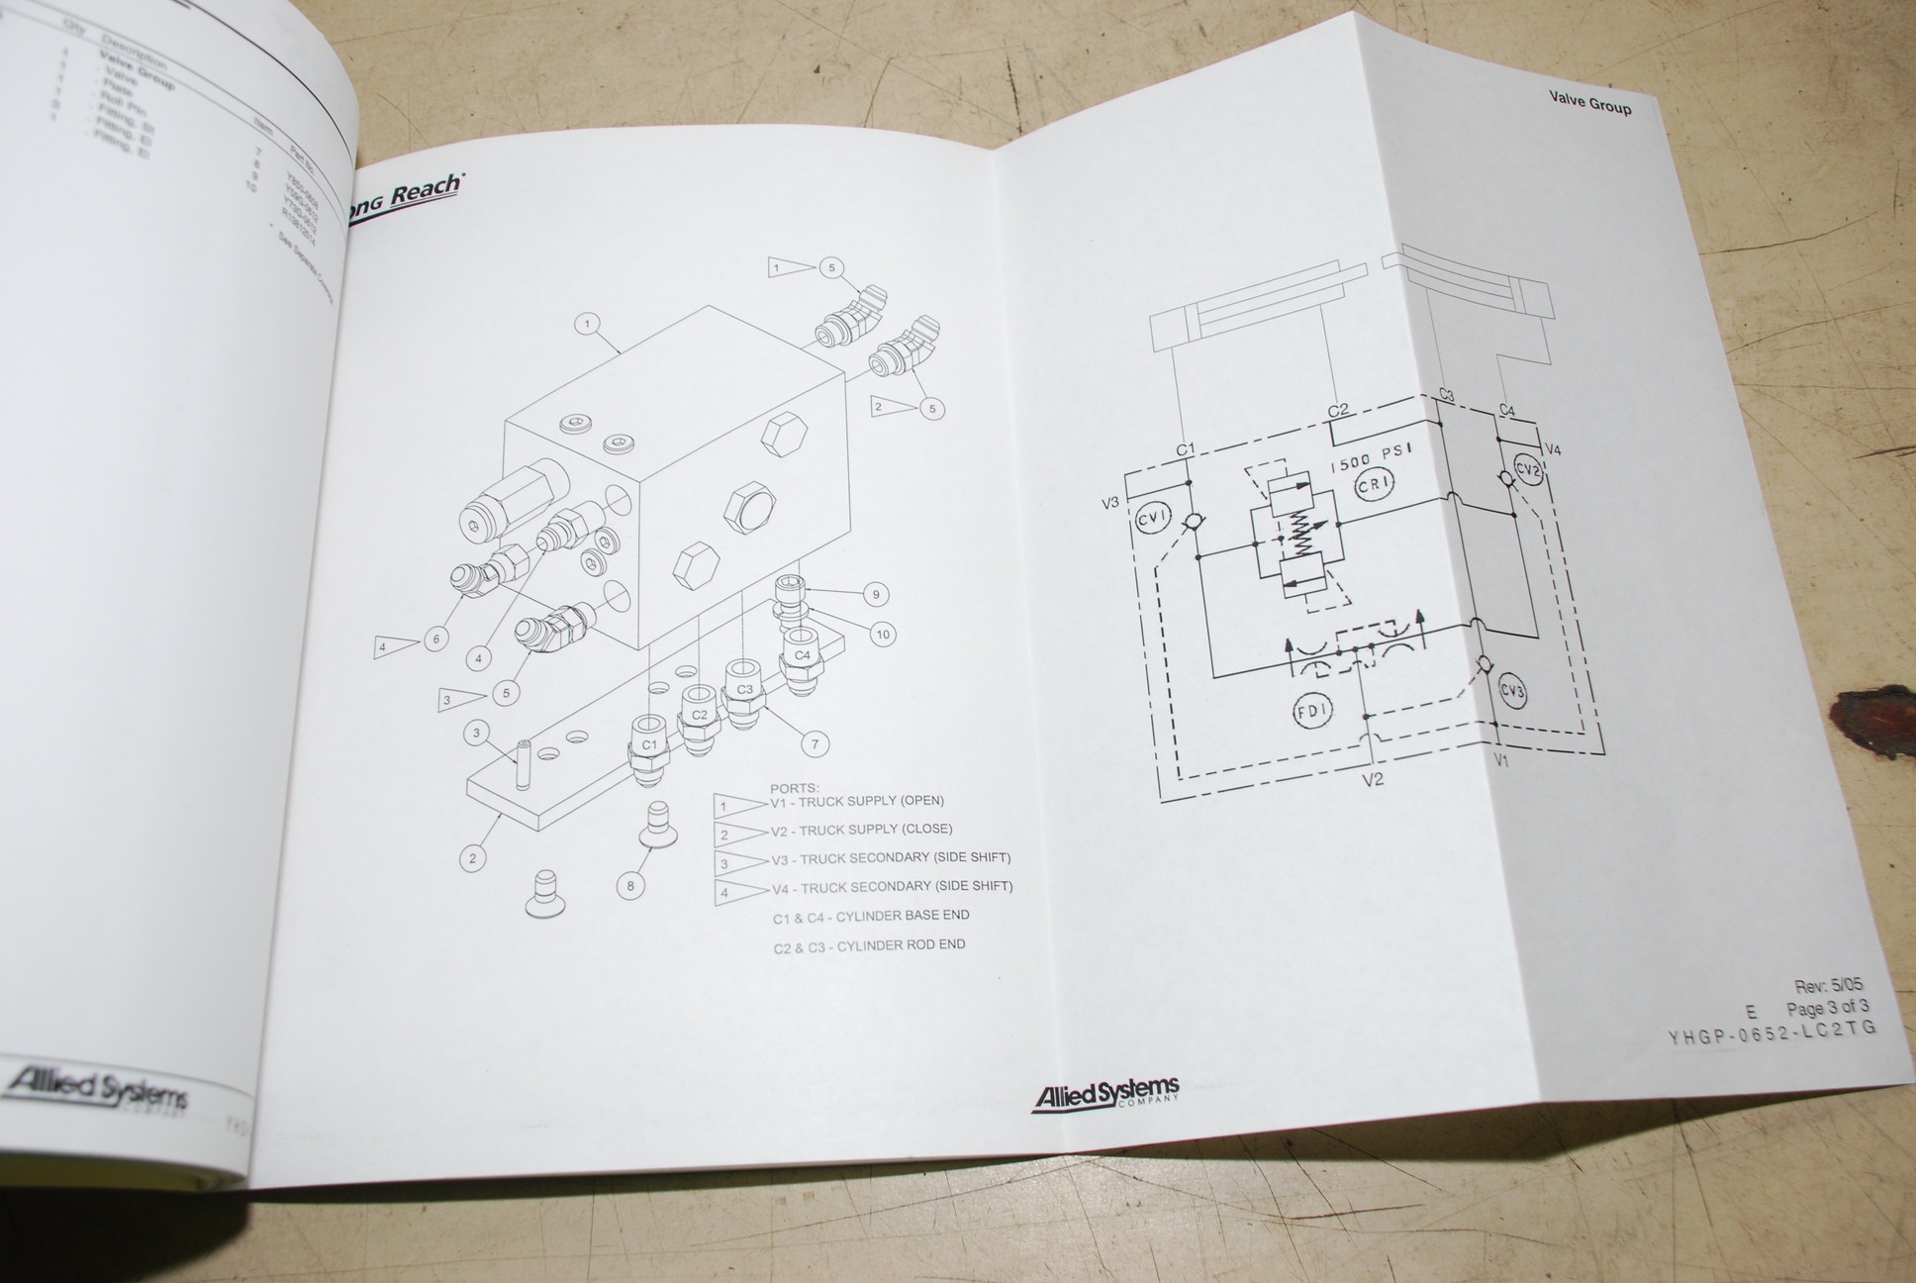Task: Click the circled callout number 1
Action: pyautogui.click(x=587, y=324)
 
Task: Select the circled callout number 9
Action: pyautogui.click(x=875, y=595)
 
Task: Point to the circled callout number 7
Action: pyautogui.click(x=815, y=743)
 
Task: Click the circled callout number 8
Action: pyautogui.click(x=630, y=885)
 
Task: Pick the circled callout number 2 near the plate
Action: pyautogui.click(x=473, y=857)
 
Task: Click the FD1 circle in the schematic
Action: pyautogui.click(x=1312, y=709)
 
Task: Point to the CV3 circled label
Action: pyautogui.click(x=1512, y=692)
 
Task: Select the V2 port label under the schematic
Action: pyautogui.click(x=1373, y=780)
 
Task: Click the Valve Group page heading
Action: pyautogui.click(x=1589, y=102)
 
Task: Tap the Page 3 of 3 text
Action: pyautogui.click(x=1827, y=1009)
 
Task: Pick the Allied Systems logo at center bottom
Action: pyautogui.click(x=1105, y=1094)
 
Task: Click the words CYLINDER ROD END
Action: pyautogui.click(x=901, y=945)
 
